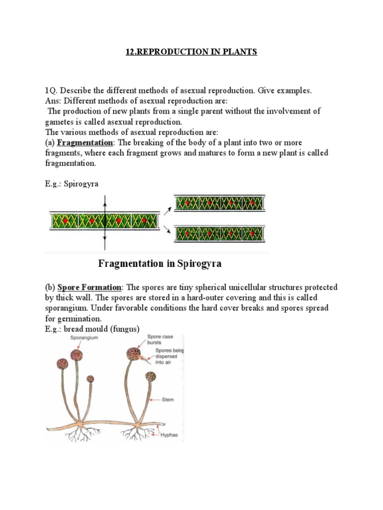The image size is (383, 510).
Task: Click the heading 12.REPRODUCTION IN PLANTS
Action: pos(191,52)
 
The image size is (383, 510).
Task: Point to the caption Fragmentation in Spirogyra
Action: pos(160,264)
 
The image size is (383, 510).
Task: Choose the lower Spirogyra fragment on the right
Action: pos(219,233)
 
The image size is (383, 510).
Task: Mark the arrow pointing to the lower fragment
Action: pos(167,230)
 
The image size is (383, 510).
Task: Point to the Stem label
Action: pos(168,399)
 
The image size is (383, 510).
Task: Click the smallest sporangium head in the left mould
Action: pos(90,379)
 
